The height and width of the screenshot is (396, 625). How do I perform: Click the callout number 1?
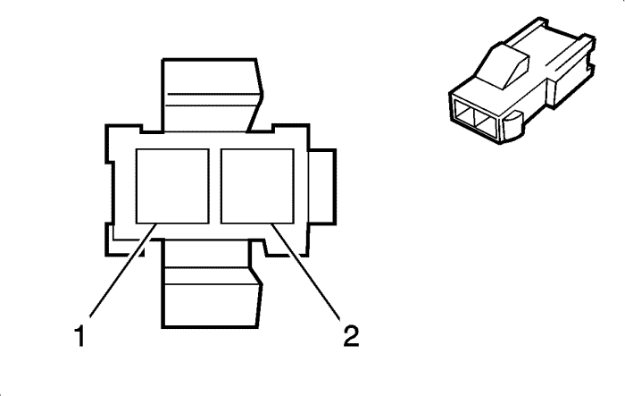tap(80, 335)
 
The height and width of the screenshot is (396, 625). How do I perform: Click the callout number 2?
tap(351, 335)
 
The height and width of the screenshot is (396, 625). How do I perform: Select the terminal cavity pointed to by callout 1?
tap(172, 186)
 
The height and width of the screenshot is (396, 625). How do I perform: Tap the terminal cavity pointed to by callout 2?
tap(257, 186)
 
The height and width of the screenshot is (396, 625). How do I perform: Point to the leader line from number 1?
tap(123, 271)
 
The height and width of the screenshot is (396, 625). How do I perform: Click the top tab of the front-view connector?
tap(212, 95)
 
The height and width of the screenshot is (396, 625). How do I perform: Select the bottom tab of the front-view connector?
tap(212, 284)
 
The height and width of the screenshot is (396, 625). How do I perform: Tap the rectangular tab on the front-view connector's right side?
tap(322, 186)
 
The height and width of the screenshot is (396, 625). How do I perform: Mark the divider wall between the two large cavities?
tap(215, 186)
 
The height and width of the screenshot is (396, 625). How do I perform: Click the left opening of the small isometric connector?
tap(465, 114)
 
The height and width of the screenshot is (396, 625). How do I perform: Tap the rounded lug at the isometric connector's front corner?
tap(512, 126)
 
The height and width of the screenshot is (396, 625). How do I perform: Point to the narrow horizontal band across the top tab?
tap(212, 100)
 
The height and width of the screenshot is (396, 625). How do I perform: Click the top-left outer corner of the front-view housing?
tap(106, 125)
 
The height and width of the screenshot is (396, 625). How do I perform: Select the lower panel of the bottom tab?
tap(212, 306)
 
